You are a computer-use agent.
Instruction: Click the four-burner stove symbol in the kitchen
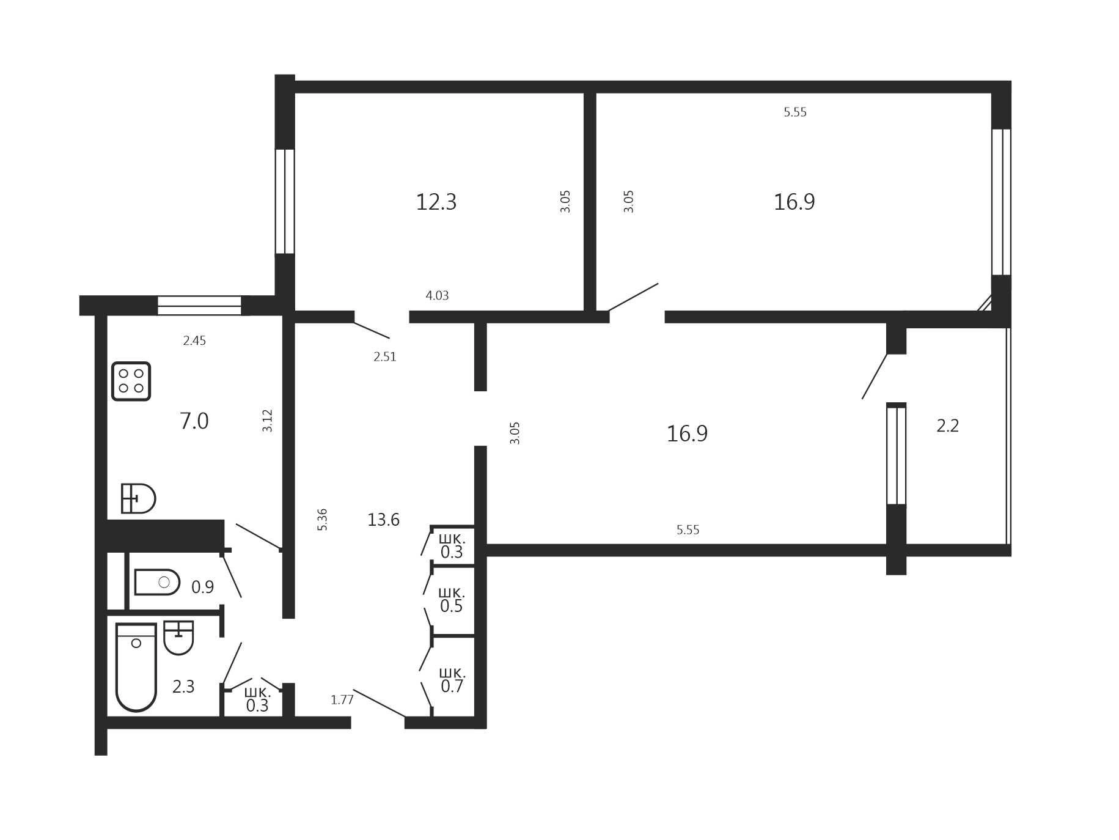coord(131,381)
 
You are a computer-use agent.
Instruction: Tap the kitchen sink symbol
coord(138,498)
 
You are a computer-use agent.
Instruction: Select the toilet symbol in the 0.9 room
coord(157,582)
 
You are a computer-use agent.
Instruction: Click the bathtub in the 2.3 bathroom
coord(136,667)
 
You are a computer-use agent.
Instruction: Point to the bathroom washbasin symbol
coord(178,638)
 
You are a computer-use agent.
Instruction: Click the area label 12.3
coord(436,202)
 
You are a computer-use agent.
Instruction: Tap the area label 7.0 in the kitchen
coord(194,421)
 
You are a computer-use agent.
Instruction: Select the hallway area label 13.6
coord(383,520)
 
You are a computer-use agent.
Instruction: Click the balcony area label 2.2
coord(948,426)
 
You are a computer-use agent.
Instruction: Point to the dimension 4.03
coord(437,295)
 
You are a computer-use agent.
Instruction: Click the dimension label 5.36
coord(322,520)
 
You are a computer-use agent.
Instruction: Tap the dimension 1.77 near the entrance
coord(342,700)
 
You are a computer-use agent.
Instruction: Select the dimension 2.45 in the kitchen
coord(194,341)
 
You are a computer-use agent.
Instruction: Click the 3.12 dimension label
coord(267,421)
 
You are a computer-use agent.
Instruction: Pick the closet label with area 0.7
coord(452,680)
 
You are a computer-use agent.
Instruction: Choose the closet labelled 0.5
coord(452,600)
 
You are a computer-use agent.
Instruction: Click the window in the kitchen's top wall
coord(199,306)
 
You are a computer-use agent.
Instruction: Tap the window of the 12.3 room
coord(285,201)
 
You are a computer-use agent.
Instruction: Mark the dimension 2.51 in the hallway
coord(385,356)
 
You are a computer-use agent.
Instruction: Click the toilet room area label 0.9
coord(203,588)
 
